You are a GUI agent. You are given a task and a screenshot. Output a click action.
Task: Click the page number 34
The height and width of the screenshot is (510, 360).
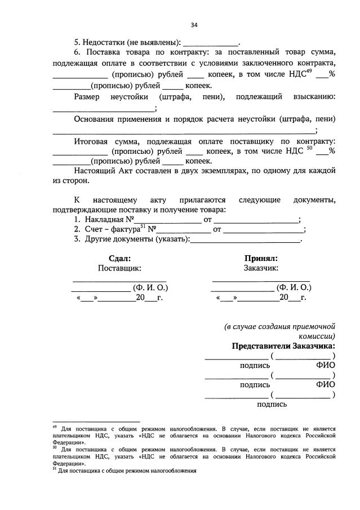pos(194,25)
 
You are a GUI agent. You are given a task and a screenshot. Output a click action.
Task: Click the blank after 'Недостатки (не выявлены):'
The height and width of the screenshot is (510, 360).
pos(211,42)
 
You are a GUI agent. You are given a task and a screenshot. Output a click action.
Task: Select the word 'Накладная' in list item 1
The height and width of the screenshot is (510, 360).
pos(105,219)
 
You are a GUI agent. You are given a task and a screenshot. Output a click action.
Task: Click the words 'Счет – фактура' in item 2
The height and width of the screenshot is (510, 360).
pos(110,229)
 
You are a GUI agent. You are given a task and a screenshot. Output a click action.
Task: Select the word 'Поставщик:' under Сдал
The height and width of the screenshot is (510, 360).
pos(119,269)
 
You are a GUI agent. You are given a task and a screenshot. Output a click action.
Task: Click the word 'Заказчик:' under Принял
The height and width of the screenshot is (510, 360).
pos(261,269)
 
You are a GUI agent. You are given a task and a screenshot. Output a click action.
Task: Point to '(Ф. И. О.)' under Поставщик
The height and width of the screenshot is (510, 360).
pos(150,287)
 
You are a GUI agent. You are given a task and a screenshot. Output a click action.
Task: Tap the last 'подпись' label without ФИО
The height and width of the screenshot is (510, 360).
pos(272,404)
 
